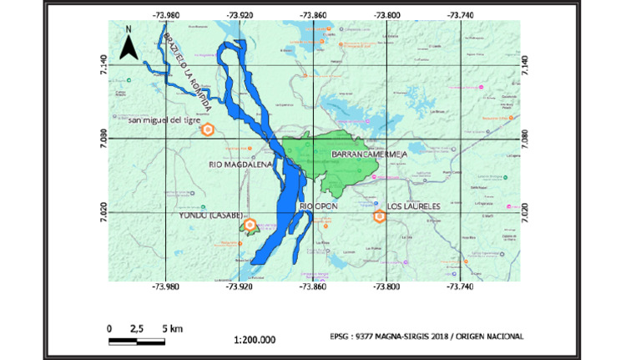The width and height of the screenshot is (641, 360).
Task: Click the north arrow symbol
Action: [128, 44]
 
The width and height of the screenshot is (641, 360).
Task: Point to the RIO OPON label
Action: [317, 205]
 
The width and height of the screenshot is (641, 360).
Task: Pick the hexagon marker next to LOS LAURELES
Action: [380, 216]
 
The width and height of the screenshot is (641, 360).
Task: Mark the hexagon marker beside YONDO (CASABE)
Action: [249, 225]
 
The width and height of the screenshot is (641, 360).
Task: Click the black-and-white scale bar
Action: [138, 341]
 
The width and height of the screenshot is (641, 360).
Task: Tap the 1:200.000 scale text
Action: [255, 340]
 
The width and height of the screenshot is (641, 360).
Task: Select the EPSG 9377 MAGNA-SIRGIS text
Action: [427, 337]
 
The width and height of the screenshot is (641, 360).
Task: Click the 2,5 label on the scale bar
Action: [138, 328]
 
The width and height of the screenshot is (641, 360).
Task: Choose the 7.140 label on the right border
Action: [525, 63]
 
